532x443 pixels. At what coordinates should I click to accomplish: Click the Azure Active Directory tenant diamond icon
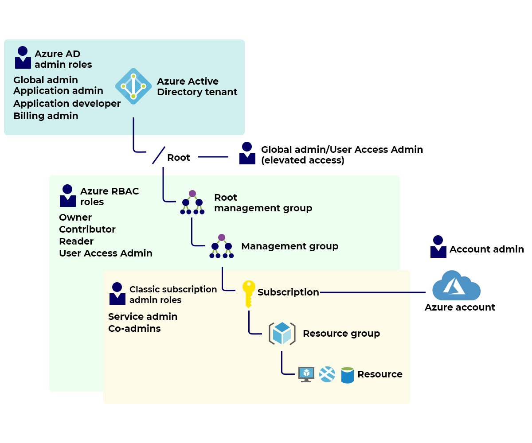coord(133,86)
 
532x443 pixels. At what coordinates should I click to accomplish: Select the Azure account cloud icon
coord(456,286)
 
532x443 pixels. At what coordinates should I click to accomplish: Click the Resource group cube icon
coord(282,334)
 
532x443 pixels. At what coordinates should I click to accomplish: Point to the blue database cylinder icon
coord(348,375)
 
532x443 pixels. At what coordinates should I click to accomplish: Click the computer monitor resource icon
coord(306,374)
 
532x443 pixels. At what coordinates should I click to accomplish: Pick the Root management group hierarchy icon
coord(192,203)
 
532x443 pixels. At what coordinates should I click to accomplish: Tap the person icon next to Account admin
coord(438,247)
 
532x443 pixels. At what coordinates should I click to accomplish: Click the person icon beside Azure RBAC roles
coord(68,196)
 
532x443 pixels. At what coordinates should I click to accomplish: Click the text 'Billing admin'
coord(46,116)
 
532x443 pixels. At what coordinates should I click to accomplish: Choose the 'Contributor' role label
coord(87,229)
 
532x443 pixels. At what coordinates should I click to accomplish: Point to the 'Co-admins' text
coord(134,329)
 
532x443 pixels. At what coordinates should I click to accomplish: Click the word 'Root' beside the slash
coord(179,158)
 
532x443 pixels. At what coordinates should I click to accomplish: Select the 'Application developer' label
coord(67,104)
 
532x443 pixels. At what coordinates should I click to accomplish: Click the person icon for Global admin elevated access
coord(247,153)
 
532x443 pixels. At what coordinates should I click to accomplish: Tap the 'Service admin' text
coord(143,317)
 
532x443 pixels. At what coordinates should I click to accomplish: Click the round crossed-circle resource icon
coord(327,375)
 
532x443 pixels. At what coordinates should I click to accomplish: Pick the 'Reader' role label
coord(76,241)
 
